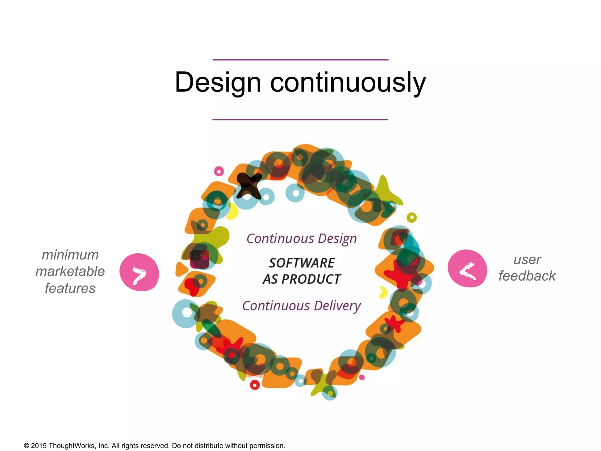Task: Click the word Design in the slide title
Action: [218, 83]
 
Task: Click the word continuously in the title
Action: [348, 83]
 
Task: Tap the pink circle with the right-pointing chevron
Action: [139, 272]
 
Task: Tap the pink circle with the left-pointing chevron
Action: [467, 268]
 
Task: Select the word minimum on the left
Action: [70, 255]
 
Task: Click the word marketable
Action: [70, 271]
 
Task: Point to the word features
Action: [70, 288]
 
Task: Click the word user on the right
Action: [527, 260]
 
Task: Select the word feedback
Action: [527, 276]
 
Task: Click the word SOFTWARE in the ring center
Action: [302, 263]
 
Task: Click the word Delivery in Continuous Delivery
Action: [337, 306]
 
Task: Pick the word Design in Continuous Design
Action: [337, 239]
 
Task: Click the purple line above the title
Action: [300, 60]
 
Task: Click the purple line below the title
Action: [300, 120]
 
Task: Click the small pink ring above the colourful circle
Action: [219, 171]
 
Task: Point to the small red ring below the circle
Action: [255, 385]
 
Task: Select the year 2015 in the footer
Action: [39, 446]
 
